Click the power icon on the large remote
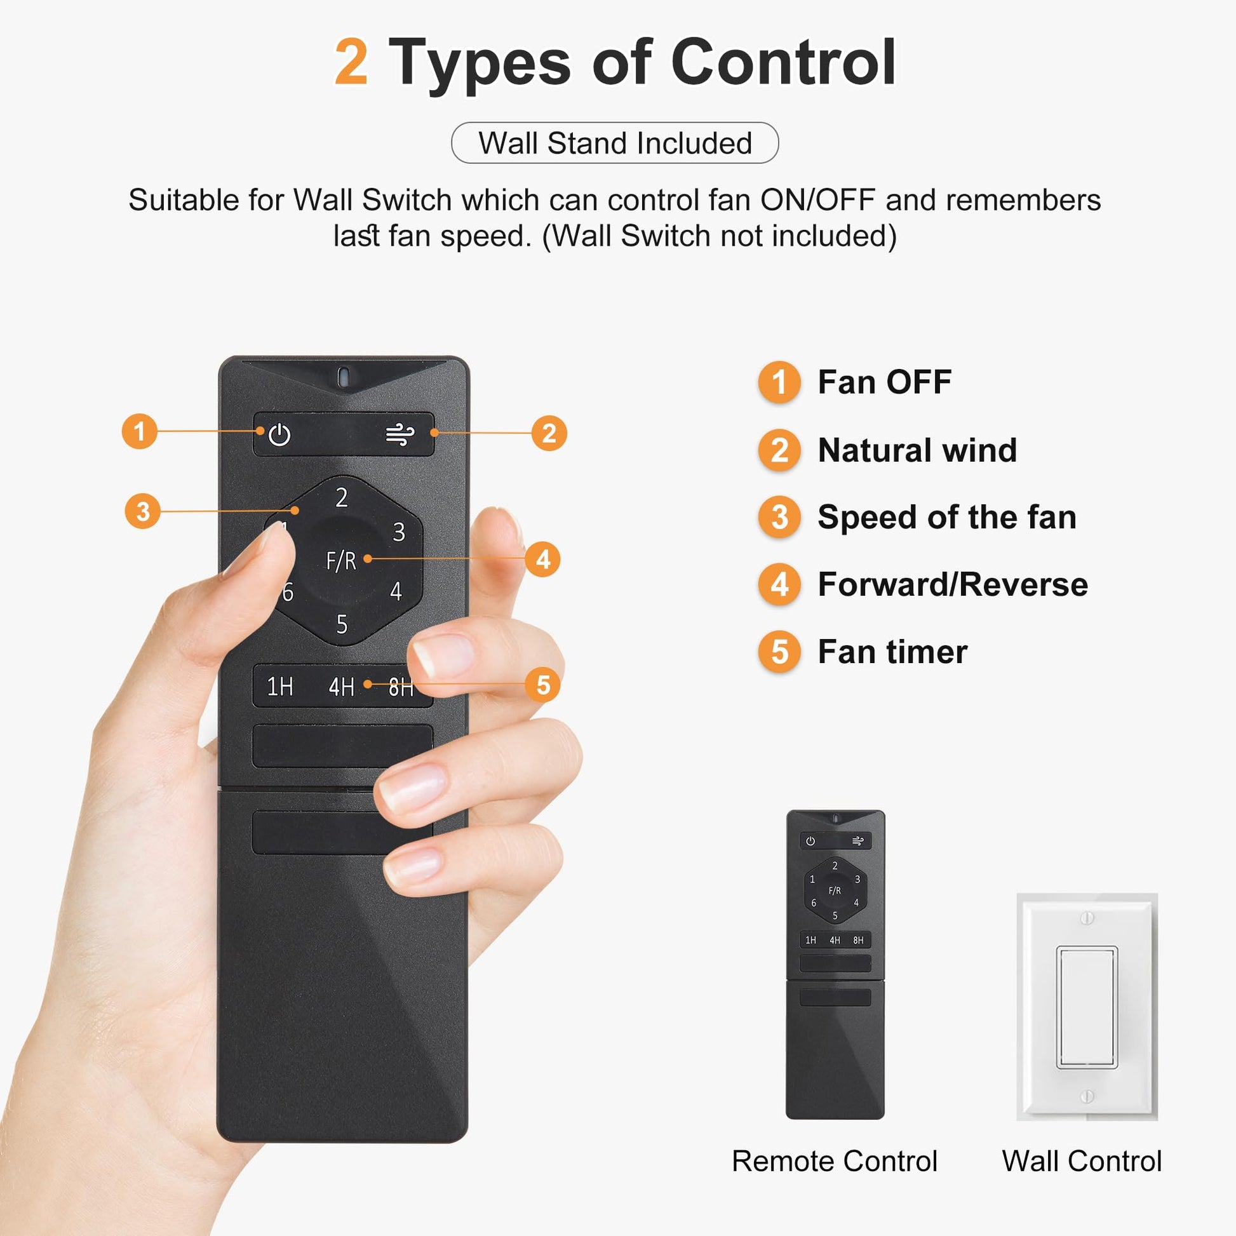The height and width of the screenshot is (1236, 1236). click(x=279, y=435)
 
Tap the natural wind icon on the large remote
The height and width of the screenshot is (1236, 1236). click(x=400, y=434)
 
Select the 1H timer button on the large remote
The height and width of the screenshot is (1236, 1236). click(x=280, y=687)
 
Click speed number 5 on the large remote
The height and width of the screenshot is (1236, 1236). click(x=342, y=624)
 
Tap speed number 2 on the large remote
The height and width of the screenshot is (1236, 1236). click(x=342, y=498)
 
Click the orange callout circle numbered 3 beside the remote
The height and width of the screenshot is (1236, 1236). click(x=143, y=511)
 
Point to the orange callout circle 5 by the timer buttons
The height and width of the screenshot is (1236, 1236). click(x=543, y=685)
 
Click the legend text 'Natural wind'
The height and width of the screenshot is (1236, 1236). click(x=917, y=450)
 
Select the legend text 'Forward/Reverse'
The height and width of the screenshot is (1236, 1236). click(x=953, y=585)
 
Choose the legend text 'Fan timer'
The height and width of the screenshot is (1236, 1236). click(x=892, y=652)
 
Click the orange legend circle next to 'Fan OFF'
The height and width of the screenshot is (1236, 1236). click(x=779, y=382)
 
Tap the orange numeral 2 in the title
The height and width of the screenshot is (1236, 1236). click(x=352, y=62)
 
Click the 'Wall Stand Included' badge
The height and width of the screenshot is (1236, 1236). click(x=615, y=143)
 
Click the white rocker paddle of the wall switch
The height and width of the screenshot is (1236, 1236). click(x=1086, y=1007)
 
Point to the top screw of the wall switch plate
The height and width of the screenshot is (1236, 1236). click(x=1086, y=918)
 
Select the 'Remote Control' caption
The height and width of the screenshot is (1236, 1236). click(x=834, y=1161)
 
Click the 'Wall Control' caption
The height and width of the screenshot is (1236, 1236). click(x=1082, y=1161)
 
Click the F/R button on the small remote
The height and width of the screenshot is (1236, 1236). click(x=834, y=890)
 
